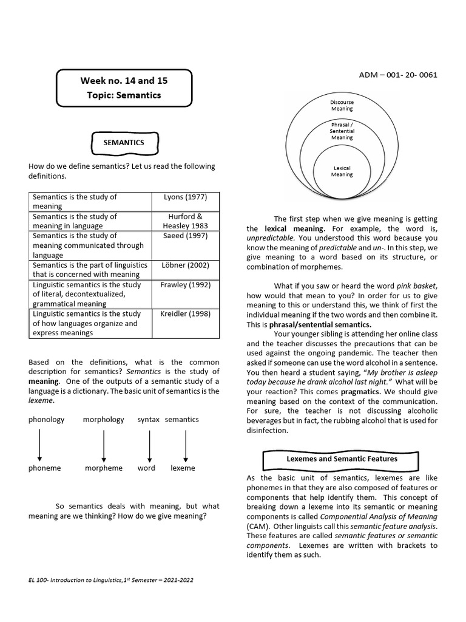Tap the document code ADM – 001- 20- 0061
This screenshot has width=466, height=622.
click(398, 75)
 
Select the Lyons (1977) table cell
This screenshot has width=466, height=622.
click(185, 197)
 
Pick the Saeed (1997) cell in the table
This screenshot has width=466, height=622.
click(185, 236)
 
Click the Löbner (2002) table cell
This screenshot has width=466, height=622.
click(185, 265)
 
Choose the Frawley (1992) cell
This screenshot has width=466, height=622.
click(185, 284)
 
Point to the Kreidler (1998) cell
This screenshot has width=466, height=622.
click(185, 313)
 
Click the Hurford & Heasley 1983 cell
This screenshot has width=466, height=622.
click(185, 221)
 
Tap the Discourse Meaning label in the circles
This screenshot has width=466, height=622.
click(342, 106)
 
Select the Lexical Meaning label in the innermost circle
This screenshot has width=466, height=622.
click(342, 171)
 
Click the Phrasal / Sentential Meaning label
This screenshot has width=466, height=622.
click(342, 131)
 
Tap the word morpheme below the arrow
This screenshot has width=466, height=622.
click(104, 468)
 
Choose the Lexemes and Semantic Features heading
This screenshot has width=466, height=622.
click(342, 459)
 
